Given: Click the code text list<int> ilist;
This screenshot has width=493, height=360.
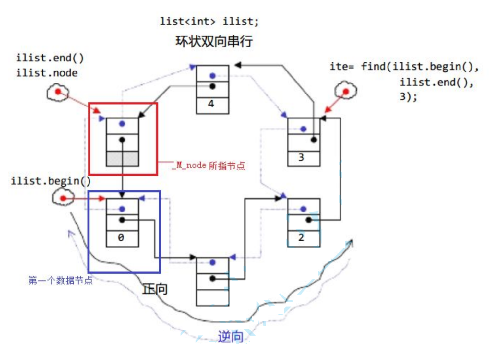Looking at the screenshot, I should click(209, 21).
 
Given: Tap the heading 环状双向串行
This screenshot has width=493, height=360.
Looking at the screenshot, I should click(214, 42).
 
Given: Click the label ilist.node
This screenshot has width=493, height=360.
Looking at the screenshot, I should click(47, 73).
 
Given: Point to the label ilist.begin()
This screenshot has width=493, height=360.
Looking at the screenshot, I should click(51, 181).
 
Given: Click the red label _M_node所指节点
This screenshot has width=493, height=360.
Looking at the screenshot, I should click(209, 166).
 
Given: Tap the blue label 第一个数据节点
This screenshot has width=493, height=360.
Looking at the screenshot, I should click(61, 281).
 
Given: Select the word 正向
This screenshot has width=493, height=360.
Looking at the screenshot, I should click(155, 289).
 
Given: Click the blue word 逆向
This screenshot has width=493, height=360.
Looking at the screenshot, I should click(230, 337).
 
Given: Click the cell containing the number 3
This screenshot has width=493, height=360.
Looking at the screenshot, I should click(303, 158).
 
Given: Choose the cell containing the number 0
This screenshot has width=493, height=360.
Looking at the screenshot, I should click(122, 238).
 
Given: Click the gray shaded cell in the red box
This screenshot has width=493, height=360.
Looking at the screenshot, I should click(122, 158).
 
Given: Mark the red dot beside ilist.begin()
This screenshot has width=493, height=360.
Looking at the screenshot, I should click(62, 198).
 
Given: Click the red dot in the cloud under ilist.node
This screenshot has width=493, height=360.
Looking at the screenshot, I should click(58, 92).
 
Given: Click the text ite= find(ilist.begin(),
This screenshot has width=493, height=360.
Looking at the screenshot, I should click(404, 67).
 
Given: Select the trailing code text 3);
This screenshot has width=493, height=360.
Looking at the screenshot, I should click(408, 97).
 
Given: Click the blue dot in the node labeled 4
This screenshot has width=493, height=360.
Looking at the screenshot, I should click(213, 75).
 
